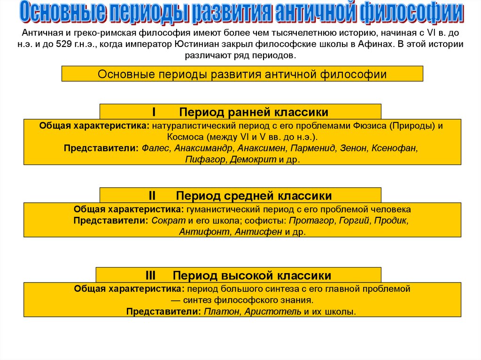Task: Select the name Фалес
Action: [154, 148]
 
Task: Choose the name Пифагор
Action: [206, 160]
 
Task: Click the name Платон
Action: [220, 311]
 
